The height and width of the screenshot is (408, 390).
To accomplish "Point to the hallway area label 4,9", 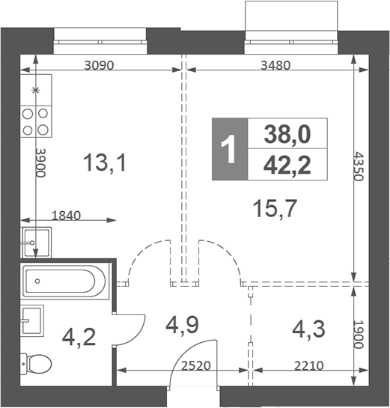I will click(183, 326).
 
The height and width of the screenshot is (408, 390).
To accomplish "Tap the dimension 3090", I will click(99, 65).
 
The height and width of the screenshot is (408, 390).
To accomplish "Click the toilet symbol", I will click(35, 365).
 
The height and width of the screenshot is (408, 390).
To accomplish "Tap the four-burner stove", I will click(35, 121).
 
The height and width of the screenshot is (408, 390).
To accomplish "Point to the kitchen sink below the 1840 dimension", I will click(35, 241).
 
